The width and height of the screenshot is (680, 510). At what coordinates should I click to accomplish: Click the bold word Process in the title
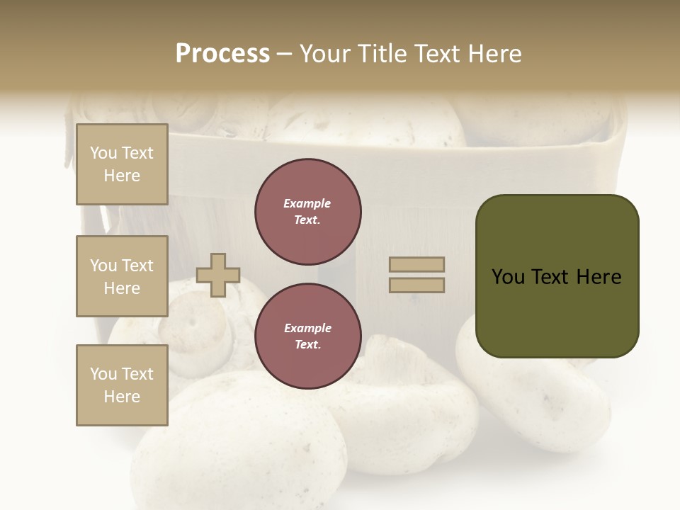click(x=222, y=54)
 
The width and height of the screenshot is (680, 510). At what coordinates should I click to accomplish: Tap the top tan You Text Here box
click(x=122, y=164)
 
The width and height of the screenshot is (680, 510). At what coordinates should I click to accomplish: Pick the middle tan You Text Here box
click(x=122, y=276)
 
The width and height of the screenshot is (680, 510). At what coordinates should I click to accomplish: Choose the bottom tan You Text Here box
click(x=122, y=385)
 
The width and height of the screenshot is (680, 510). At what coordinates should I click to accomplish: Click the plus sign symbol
click(x=218, y=275)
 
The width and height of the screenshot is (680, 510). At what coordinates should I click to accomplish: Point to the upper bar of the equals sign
click(x=417, y=264)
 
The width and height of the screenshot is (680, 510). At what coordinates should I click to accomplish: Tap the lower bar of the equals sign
click(x=417, y=285)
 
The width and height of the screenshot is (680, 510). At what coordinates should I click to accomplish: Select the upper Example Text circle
click(x=308, y=212)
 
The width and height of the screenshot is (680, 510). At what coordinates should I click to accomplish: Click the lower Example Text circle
click(x=308, y=336)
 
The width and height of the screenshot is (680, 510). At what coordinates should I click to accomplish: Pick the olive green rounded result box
click(x=557, y=276)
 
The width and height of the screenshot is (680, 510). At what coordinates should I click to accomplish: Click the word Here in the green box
click(x=599, y=277)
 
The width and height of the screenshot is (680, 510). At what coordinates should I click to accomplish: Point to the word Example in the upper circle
click(x=307, y=203)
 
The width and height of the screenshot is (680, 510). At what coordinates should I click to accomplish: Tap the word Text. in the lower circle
click(x=307, y=345)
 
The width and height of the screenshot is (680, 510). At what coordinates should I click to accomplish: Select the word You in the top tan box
click(x=103, y=153)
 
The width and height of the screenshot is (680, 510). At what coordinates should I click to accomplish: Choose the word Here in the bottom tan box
click(x=122, y=397)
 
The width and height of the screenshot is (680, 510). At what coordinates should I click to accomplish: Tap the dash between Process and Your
click(x=285, y=54)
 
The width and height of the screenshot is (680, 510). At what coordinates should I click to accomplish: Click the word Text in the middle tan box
click(x=137, y=266)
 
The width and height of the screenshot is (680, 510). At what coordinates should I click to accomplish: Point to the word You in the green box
click(x=507, y=277)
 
